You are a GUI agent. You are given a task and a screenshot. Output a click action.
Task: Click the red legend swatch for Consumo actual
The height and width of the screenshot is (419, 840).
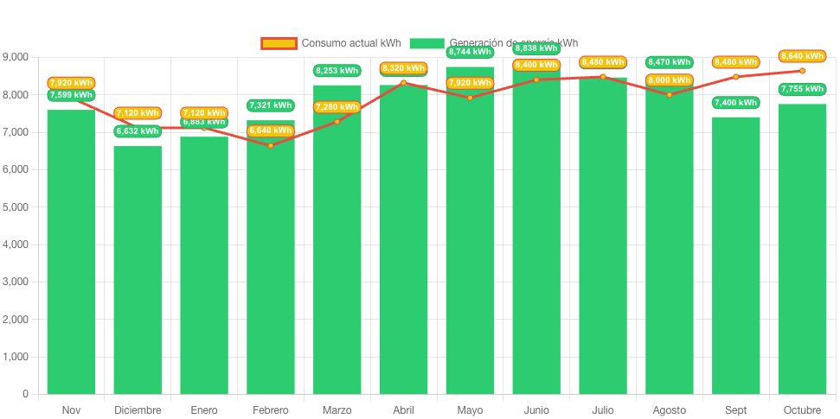coord(279,43)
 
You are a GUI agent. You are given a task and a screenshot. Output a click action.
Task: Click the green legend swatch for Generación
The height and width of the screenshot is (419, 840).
coord(426,43)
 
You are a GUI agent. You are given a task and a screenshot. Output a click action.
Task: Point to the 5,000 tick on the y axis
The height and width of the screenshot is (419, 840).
coord(16,207)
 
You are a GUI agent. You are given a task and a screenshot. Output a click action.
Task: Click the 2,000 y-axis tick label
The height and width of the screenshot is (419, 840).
coord(16,320)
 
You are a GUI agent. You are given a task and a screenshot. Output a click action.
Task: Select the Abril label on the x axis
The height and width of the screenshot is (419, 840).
coord(404,409)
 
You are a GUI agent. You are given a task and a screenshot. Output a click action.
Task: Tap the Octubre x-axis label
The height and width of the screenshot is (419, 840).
coord(802,409)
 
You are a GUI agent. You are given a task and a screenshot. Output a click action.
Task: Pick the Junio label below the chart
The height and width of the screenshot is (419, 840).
coord(536,409)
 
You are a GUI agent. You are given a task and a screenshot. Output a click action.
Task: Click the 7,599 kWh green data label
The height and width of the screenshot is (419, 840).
coord(71,95)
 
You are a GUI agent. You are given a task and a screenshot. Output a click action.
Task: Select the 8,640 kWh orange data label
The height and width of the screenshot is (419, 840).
coord(802,56)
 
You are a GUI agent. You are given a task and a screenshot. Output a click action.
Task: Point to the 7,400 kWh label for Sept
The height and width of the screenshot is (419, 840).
coord(736,103)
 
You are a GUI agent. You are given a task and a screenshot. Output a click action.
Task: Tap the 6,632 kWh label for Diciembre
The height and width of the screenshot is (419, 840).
coord(138,131)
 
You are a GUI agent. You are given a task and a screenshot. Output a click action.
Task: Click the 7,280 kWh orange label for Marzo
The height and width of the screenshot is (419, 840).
coord(337,107)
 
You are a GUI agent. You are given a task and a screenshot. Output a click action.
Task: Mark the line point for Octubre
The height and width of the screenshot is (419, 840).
coord(802,71)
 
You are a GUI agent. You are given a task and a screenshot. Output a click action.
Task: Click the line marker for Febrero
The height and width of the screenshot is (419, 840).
coord(271,145)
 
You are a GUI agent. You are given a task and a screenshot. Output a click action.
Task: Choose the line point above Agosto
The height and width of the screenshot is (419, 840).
coord(670,94)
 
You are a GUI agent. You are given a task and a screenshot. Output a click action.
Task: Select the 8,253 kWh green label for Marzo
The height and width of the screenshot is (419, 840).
coord(337,71)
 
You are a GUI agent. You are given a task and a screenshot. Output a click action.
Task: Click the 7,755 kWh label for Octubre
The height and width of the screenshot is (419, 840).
coord(802,89)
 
